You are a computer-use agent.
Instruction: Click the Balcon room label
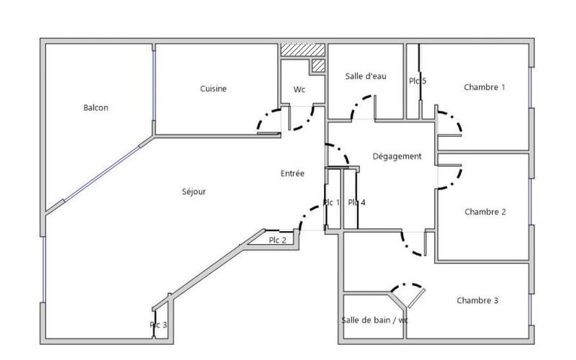[x=96, y=108]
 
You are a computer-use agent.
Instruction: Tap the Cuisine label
[x=213, y=89]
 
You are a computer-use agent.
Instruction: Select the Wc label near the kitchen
[x=300, y=90]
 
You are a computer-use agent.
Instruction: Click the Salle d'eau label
[x=366, y=76]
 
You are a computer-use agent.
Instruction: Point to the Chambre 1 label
[x=484, y=87]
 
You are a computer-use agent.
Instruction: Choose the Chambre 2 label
[x=485, y=212]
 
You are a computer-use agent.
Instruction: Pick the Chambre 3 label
[x=477, y=300]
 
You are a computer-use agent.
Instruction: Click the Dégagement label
[x=397, y=156]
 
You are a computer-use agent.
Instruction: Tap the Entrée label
[x=292, y=174]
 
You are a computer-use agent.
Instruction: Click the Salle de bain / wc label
[x=374, y=320]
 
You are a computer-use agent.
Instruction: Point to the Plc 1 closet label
[x=331, y=203]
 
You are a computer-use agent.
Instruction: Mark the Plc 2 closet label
[x=278, y=240]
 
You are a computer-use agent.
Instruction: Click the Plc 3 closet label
[x=158, y=325]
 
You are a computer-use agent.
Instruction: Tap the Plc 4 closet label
[x=356, y=203]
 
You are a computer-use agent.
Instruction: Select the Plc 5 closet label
[x=418, y=81]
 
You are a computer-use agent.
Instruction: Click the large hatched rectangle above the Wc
[x=293, y=50]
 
